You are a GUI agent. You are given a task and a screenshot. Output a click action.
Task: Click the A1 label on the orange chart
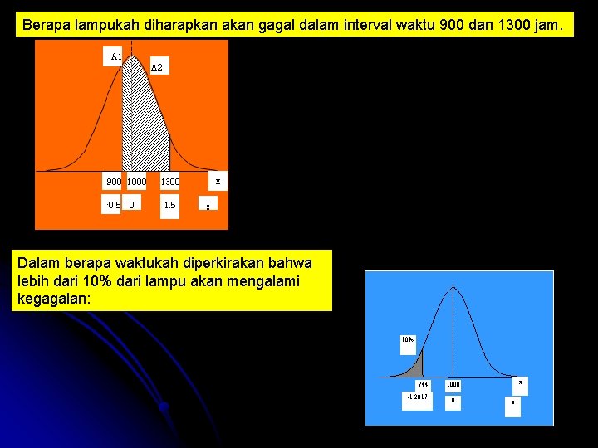pyautogui.click(x=116, y=56)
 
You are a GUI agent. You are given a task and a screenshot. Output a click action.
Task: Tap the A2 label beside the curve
pyautogui.click(x=158, y=66)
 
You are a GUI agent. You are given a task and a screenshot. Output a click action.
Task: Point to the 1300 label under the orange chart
pyautogui.click(x=169, y=182)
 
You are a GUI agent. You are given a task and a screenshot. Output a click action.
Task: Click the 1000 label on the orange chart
pyautogui.click(x=136, y=182)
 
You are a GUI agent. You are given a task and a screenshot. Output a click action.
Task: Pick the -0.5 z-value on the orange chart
pyautogui.click(x=113, y=204)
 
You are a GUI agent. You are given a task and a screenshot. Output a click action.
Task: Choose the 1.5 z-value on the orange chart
pyautogui.click(x=169, y=204)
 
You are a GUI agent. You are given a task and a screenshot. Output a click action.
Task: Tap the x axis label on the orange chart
pyautogui.click(x=218, y=180)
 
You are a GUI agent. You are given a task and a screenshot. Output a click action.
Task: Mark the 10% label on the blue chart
pyautogui.click(x=407, y=339)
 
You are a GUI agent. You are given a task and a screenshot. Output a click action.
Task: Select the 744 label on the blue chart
pyautogui.click(x=424, y=384)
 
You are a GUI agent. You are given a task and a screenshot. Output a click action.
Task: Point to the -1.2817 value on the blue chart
pyautogui.click(x=417, y=397)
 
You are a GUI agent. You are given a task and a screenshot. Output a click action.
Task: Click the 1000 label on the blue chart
pyautogui.click(x=453, y=384)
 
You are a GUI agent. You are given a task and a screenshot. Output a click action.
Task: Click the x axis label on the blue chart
pyautogui.click(x=521, y=382)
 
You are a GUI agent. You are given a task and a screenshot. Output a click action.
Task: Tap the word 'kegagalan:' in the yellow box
pyautogui.click(x=51, y=298)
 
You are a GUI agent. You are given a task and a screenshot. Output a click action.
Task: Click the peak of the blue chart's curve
pyautogui.click(x=453, y=288)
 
